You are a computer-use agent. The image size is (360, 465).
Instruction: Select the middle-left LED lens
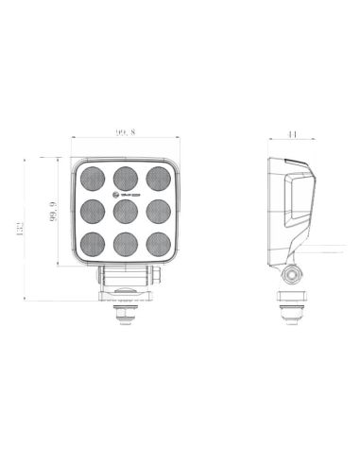pyautogui.click(x=92, y=209)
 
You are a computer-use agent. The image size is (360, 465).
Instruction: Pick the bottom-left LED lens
pyautogui.click(x=92, y=241)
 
